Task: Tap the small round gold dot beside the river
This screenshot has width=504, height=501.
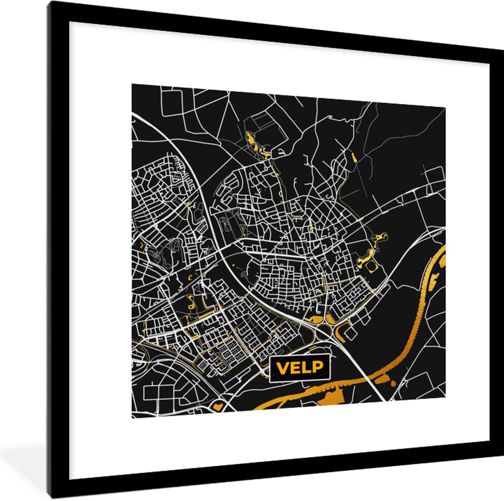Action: point(393,383)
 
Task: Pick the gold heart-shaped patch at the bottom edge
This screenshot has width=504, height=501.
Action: point(218,406)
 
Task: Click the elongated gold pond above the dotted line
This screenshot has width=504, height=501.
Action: point(352,158)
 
